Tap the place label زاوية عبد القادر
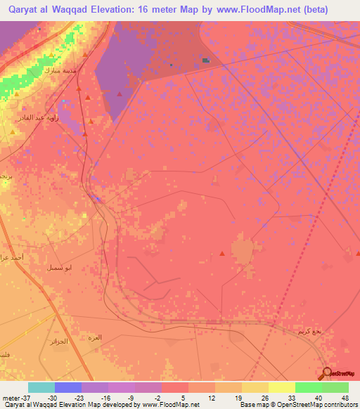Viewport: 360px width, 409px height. (36, 118)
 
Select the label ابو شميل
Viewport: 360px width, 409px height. (56, 268)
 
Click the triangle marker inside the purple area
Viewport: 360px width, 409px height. (120, 93)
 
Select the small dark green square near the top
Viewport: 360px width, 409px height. (205, 60)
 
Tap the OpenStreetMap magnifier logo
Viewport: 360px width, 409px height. (327, 373)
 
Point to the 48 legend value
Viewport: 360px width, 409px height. (345, 397)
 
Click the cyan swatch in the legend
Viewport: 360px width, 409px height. (41, 387)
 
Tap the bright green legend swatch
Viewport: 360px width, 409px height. (308, 387)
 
